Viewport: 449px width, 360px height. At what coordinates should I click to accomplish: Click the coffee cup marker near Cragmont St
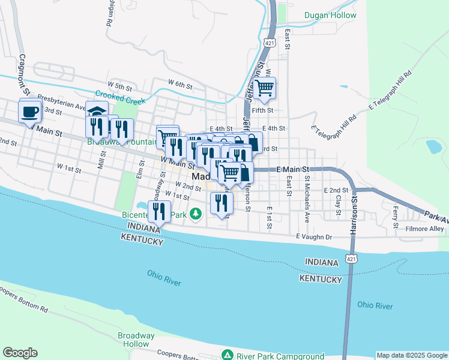[29, 112]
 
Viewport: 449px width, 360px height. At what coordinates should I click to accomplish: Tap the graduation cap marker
[96, 111]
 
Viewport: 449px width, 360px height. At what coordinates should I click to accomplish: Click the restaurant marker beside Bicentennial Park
[158, 211]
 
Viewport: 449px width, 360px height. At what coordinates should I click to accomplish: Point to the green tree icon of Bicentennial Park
[195, 214]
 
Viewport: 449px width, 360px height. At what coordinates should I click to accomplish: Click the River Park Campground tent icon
[227, 355]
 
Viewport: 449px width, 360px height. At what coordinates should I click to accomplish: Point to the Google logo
[20, 353]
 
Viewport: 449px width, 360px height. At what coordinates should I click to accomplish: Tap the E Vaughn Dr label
[313, 237]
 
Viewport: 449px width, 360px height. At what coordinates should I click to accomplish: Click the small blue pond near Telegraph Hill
[433, 146]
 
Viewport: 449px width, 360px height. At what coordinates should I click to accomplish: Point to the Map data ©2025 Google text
[412, 355]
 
